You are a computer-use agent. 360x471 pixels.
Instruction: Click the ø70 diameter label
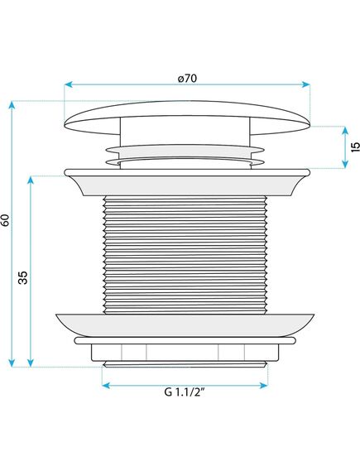click(x=187, y=79)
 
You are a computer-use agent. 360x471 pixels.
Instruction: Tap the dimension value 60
click(x=6, y=220)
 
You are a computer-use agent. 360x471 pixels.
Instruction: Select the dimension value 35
click(x=23, y=277)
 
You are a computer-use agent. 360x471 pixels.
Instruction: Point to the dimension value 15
click(x=355, y=147)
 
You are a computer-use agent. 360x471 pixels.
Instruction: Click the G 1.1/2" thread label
click(x=185, y=392)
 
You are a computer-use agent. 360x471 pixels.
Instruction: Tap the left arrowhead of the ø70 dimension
click(x=68, y=84)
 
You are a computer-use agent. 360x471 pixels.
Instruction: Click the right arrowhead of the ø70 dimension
click(x=306, y=84)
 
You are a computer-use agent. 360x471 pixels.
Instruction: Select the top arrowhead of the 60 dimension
click(x=12, y=105)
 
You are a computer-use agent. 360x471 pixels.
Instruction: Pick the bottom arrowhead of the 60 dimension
click(x=12, y=363)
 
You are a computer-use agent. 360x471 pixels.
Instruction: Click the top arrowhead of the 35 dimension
click(x=30, y=180)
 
